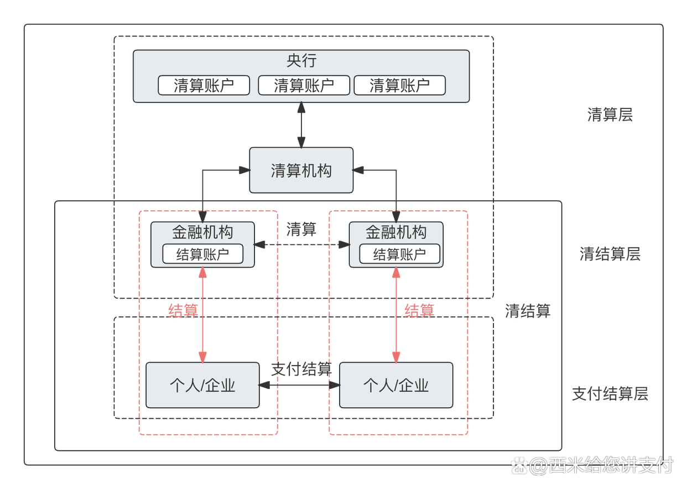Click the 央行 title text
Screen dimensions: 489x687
(x=301, y=60)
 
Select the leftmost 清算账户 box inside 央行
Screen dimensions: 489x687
(x=204, y=86)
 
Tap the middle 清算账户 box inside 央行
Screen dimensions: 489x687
(x=304, y=86)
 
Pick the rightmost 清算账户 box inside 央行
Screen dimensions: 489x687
(x=399, y=86)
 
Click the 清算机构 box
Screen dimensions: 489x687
(x=301, y=170)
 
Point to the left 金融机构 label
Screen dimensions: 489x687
(x=202, y=232)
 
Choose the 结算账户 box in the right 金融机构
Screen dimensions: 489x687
(x=399, y=254)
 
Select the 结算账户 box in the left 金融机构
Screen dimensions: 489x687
(x=202, y=254)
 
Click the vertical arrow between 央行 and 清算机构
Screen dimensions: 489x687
(x=301, y=125)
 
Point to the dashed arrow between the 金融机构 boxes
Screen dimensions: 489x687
(x=301, y=243)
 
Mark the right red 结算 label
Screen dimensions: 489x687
(x=419, y=310)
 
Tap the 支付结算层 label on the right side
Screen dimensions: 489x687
(x=610, y=394)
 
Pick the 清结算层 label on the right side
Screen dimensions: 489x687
(x=610, y=254)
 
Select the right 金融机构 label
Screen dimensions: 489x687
(x=396, y=232)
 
